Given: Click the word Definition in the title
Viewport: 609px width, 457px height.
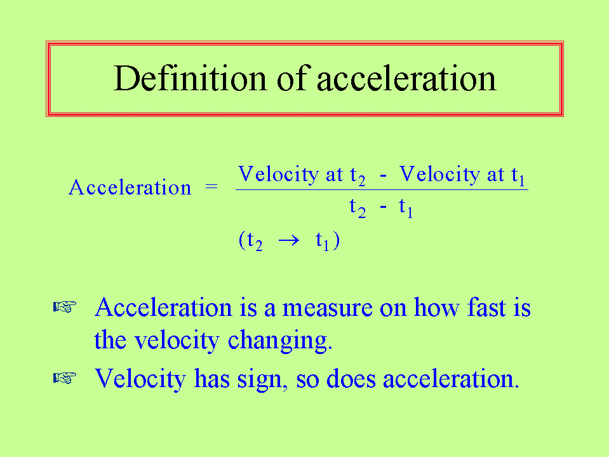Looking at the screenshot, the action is click(189, 78).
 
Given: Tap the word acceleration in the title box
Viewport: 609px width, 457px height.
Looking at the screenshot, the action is click(406, 79).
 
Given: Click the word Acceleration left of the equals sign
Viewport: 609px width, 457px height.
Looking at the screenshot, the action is click(130, 188).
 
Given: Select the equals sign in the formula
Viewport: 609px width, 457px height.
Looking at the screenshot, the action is click(211, 187).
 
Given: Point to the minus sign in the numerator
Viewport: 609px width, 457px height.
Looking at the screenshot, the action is click(383, 176).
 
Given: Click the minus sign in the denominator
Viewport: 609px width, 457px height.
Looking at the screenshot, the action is click(383, 207).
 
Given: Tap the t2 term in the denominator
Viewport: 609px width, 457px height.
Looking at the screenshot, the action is click(358, 207).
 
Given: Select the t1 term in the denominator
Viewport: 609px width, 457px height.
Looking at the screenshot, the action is click(406, 207).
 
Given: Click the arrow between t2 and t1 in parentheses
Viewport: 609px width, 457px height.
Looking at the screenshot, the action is click(289, 240).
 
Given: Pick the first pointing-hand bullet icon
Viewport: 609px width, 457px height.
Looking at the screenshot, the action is click(65, 307).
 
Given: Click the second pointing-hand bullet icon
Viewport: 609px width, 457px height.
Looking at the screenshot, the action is click(65, 378).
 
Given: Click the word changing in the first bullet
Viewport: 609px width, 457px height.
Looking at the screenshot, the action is click(279, 341).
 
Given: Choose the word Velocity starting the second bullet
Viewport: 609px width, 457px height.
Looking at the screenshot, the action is click(140, 379).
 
